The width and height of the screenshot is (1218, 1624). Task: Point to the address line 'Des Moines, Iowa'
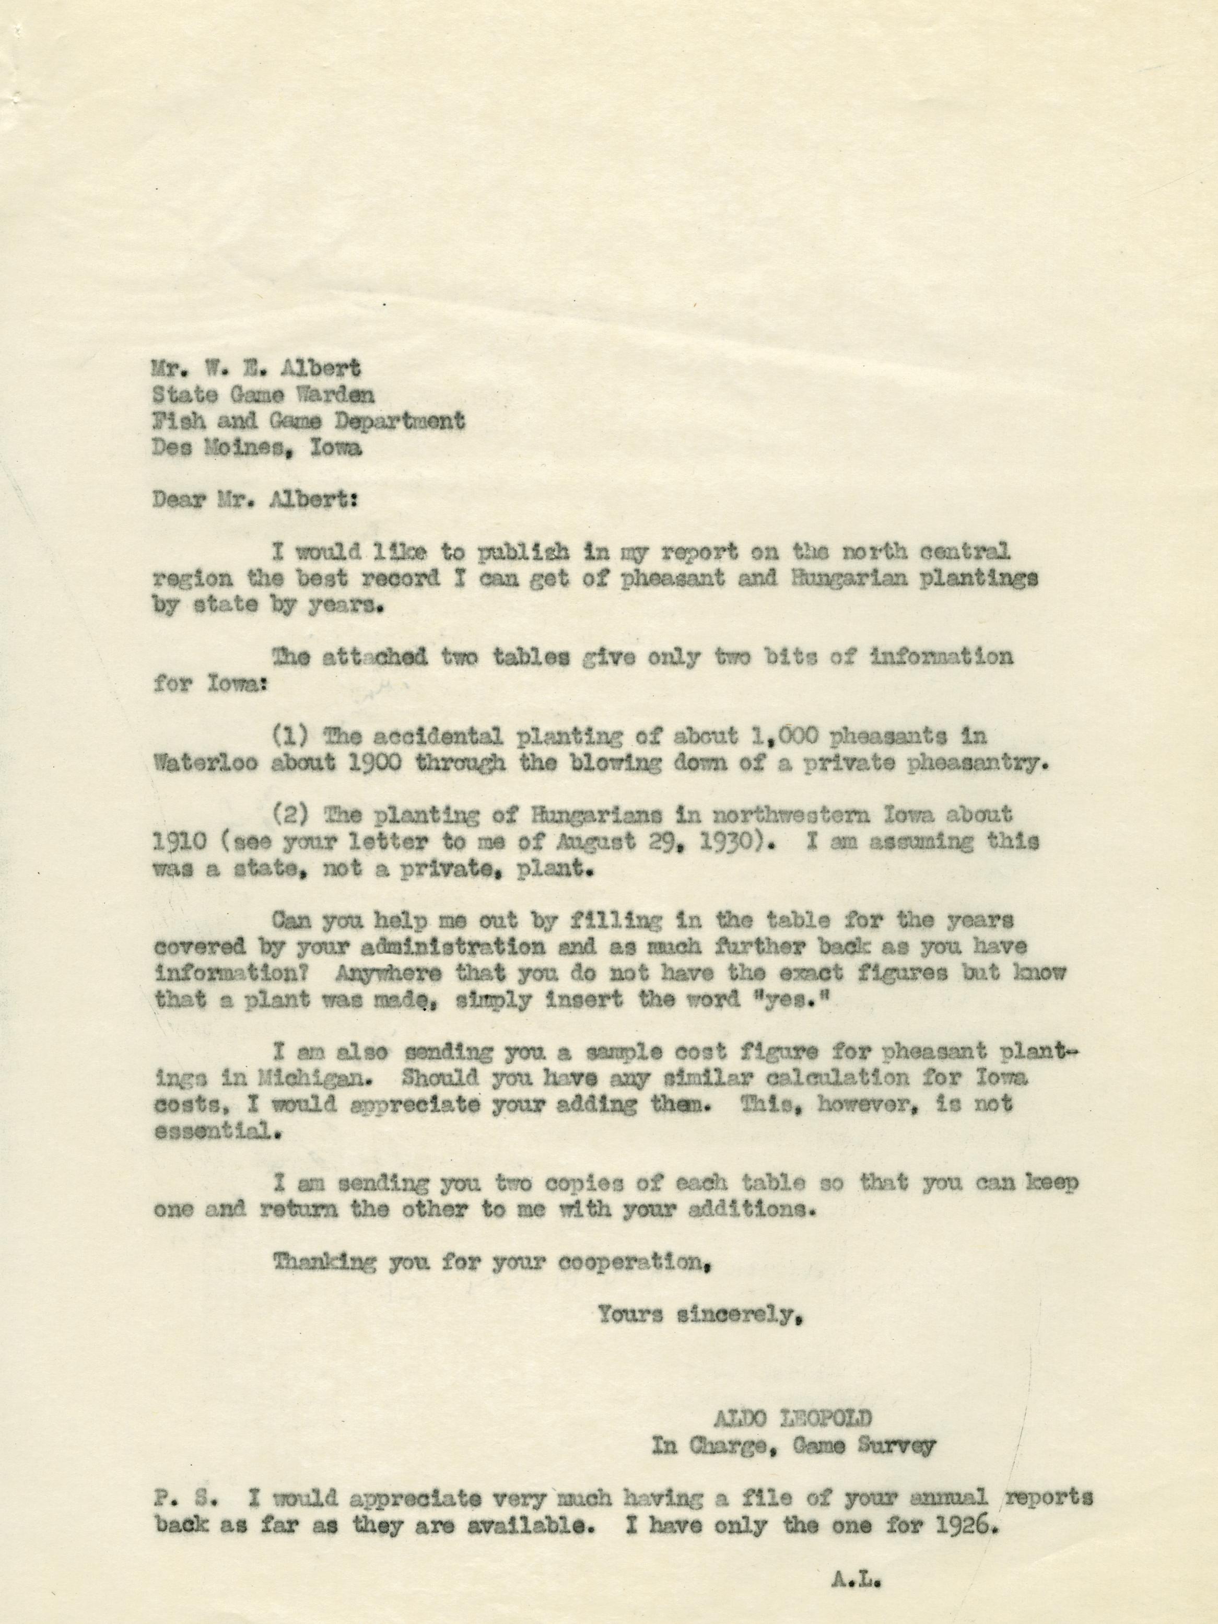click(x=257, y=448)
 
